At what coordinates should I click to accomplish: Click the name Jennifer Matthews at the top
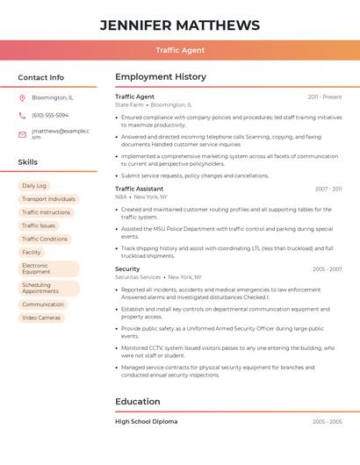coord(180,25)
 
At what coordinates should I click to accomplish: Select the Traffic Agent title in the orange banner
coord(180,50)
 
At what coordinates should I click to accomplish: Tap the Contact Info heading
coord(41,77)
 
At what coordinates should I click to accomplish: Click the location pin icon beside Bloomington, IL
coord(22,97)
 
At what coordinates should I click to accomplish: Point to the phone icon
coord(22,115)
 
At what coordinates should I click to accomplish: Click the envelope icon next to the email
coord(22,134)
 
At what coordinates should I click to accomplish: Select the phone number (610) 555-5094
coord(50,115)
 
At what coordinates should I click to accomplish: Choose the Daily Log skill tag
coord(34,186)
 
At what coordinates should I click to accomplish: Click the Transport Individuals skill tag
coord(48,199)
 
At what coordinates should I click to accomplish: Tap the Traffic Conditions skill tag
coord(45,239)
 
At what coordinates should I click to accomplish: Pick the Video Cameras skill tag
coord(41,318)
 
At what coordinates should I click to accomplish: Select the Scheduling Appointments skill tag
coord(48,288)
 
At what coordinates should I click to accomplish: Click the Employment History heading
coord(161,77)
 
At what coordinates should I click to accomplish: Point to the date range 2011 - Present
coord(324,97)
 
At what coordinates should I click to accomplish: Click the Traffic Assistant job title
coord(139,189)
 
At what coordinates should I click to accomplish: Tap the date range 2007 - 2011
coord(328,189)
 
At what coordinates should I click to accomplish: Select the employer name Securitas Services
coord(138,277)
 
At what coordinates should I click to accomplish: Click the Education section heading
coord(138,402)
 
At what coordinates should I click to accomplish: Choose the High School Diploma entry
coord(146,421)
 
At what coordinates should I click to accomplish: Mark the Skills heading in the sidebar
coord(28,162)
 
